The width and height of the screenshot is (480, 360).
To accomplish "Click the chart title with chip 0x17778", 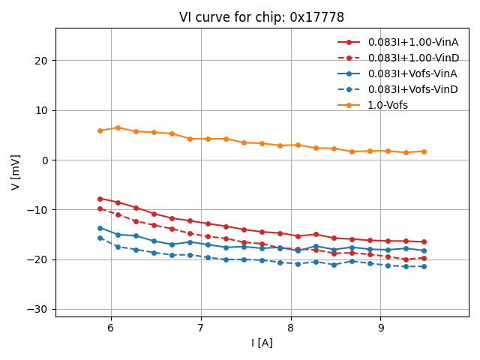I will [262, 17].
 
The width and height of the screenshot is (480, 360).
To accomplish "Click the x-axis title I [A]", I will [262, 343].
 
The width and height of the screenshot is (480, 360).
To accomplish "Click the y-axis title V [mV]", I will [16, 172].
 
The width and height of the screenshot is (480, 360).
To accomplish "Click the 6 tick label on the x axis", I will [111, 328].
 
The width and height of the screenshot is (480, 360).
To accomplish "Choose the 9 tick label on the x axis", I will [381, 328].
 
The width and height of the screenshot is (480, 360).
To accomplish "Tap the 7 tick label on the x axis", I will [201, 328].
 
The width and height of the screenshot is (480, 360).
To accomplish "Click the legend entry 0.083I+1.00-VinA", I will [412, 42].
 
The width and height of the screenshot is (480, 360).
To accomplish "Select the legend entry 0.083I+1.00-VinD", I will [412, 58].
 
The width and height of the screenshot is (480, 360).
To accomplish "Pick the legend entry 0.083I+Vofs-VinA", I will [412, 73].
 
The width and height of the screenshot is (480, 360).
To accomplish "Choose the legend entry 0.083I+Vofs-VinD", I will [412, 89].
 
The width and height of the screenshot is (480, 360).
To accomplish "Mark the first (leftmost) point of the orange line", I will [100, 130].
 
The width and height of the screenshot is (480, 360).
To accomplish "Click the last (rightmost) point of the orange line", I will [424, 151].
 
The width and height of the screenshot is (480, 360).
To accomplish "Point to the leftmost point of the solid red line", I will [100, 199].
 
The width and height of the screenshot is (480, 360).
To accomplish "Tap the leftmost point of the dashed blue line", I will [100, 238].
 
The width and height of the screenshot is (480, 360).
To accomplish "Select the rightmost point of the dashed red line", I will [424, 259].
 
